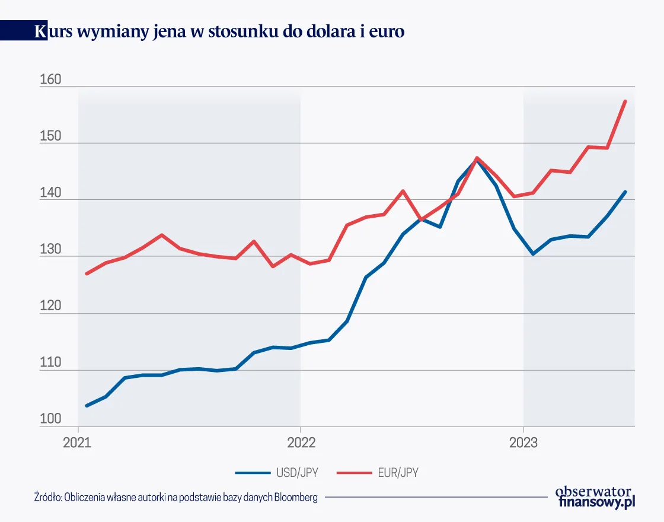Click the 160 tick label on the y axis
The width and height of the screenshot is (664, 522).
pos(50,79)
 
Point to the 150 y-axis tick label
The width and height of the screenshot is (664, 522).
pos(50,136)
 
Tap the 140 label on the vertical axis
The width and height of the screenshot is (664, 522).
pos(50,193)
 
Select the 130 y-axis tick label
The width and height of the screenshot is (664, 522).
pos(50,250)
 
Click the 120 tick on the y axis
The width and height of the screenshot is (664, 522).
pos(50,307)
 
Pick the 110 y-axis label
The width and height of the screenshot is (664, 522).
pos(50,363)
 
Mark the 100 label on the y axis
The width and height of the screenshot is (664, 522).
pos(50,419)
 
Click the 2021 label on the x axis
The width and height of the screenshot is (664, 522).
pos(77,442)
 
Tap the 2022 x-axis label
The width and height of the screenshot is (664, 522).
pos(300,442)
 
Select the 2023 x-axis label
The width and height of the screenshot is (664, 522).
pos(523,442)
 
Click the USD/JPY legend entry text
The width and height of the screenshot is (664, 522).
pos(297,473)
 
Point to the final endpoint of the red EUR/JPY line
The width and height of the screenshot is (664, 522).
pos(625,101)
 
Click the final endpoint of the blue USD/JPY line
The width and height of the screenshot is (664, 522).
pos(625,192)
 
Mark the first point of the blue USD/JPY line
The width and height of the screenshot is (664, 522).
pos(87,406)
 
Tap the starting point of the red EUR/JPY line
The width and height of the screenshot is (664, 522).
pos(87,273)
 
